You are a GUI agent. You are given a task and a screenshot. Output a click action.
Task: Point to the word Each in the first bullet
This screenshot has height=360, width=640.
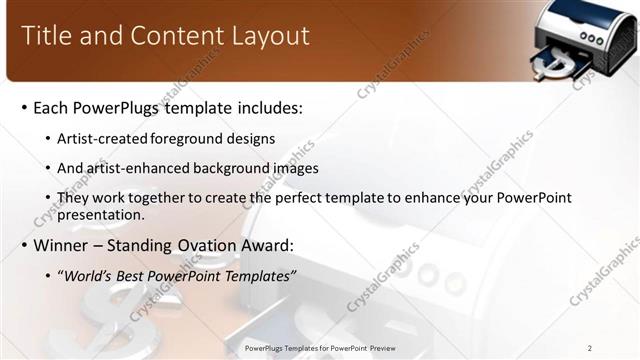pyautogui.click(x=51, y=107)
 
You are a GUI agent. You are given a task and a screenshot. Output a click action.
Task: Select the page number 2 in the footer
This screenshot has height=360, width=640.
pyautogui.click(x=590, y=348)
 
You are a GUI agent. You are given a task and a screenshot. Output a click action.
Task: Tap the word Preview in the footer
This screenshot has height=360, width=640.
pyautogui.click(x=379, y=348)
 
